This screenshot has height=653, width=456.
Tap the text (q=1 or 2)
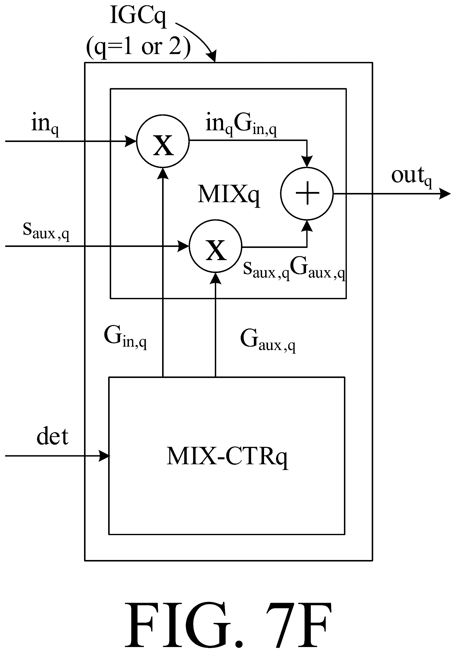coord(138,47)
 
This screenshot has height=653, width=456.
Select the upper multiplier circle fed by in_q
coord(163,141)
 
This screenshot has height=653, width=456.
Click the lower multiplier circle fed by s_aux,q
coord(216,246)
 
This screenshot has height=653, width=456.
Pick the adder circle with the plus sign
coord(307,194)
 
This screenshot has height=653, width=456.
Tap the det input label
coord(53,436)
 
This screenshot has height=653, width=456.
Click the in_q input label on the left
coord(45,125)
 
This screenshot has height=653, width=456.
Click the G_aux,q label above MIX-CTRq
coord(268,340)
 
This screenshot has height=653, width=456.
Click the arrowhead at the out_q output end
coord(445,194)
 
